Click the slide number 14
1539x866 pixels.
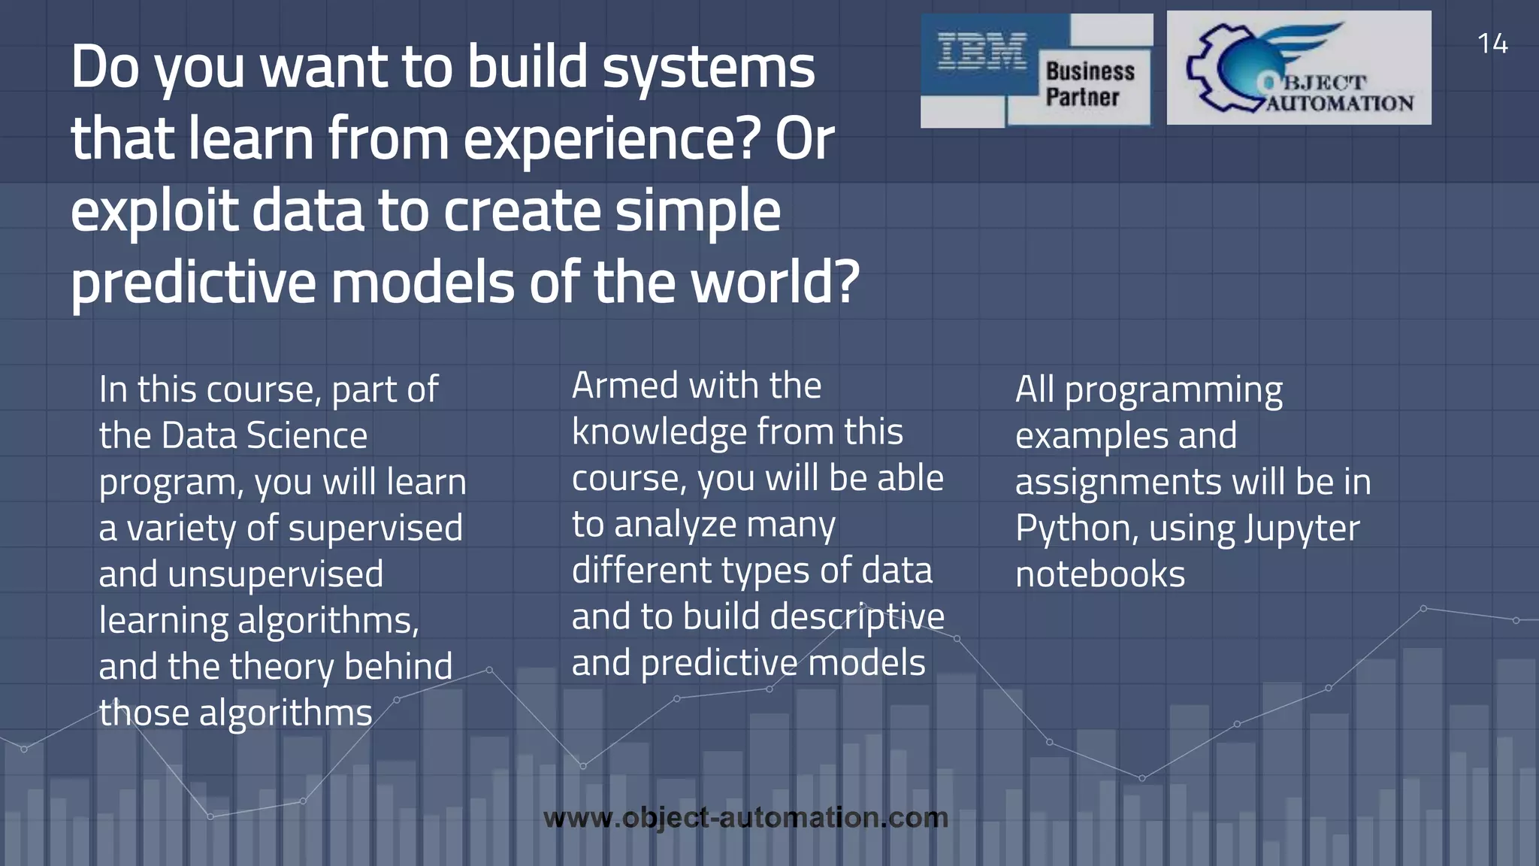point(1492,44)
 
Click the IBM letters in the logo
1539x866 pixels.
point(981,53)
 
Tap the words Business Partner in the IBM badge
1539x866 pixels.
point(1089,84)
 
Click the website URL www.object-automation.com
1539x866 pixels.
point(745,818)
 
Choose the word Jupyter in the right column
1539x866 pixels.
point(1302,528)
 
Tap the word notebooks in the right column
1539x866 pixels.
point(1099,575)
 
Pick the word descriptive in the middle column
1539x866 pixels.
point(857,617)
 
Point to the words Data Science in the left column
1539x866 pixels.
point(264,436)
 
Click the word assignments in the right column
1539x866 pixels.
point(1117,483)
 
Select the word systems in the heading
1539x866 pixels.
point(709,68)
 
